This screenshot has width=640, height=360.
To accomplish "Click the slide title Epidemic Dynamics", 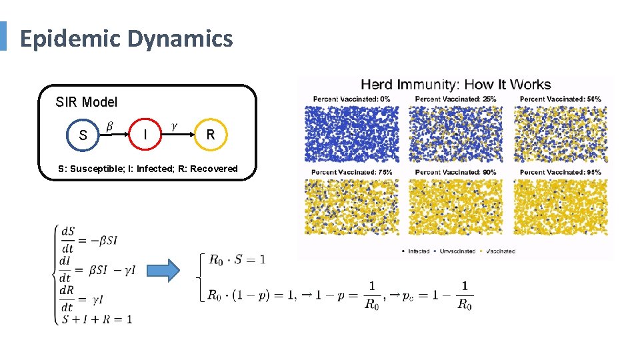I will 126,39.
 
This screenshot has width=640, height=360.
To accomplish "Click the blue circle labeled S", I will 83,135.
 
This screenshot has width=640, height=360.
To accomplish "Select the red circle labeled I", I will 145,135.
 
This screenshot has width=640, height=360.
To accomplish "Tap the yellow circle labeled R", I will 211,135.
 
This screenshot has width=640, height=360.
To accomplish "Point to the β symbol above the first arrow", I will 109,126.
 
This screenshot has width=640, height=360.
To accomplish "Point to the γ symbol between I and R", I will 175,125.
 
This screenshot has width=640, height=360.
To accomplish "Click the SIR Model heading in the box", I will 87,102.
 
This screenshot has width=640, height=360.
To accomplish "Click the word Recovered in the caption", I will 214,169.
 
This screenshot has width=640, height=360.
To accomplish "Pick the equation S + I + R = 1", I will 96,319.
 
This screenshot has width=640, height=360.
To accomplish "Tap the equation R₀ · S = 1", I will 237,259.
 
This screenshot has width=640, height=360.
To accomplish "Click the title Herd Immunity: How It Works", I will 455,85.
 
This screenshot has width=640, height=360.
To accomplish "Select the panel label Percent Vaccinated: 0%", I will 352,99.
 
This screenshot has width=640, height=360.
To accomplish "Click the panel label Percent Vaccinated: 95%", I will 560,172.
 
